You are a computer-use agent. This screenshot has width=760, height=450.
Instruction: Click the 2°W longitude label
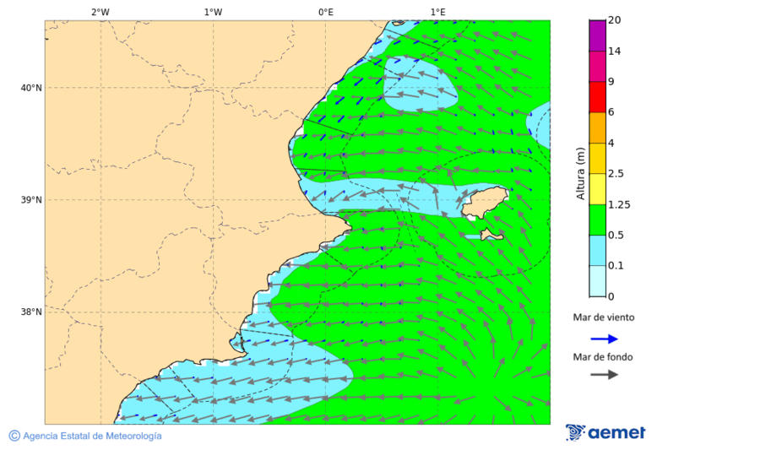coord(100,12)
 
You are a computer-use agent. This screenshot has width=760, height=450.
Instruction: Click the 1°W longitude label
coord(213,12)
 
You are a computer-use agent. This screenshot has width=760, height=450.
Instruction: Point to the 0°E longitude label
coord(325,12)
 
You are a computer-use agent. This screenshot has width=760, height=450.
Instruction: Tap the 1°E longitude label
coord(437,12)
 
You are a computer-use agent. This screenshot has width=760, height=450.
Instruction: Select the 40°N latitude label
coord(30,88)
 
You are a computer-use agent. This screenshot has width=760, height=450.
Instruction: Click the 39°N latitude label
coord(30,200)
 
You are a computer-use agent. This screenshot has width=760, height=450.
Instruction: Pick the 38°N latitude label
coord(30,312)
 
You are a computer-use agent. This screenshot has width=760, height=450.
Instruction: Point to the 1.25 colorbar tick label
coord(619,204)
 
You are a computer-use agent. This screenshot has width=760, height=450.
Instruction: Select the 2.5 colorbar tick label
coord(616,174)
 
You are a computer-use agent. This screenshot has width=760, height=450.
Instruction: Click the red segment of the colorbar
coord(597,97)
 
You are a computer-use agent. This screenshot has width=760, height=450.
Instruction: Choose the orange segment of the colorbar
coord(597,127)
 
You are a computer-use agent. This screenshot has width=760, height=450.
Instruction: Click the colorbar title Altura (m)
coord(580,174)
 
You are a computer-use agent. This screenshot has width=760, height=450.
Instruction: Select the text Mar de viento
coord(603,318)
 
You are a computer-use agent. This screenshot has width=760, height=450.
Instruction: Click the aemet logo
coord(605,432)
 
